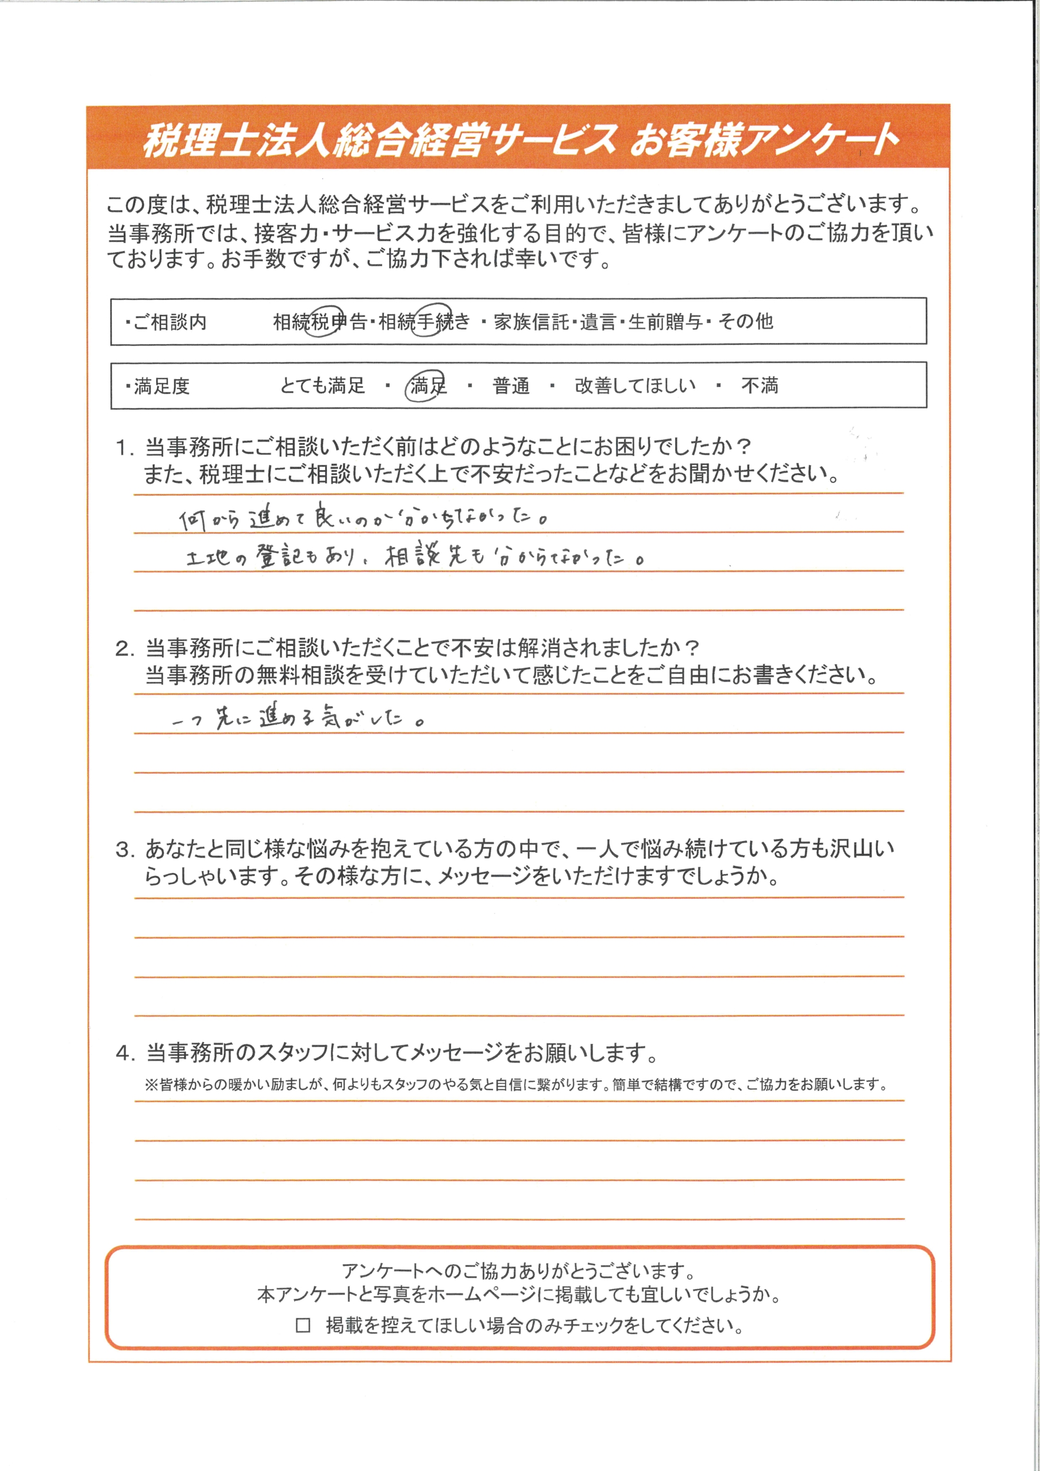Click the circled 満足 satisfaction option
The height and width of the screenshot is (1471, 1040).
(x=427, y=386)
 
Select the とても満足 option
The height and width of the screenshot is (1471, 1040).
(x=322, y=386)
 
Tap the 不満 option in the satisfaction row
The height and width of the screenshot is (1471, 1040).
(x=760, y=386)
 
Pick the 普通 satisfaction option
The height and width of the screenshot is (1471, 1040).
(x=511, y=386)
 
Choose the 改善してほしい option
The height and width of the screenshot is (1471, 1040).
(x=634, y=386)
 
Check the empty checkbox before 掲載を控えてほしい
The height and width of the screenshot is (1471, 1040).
(x=303, y=1325)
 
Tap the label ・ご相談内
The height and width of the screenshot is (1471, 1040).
(x=166, y=322)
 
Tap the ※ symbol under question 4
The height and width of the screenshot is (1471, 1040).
(x=151, y=1085)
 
